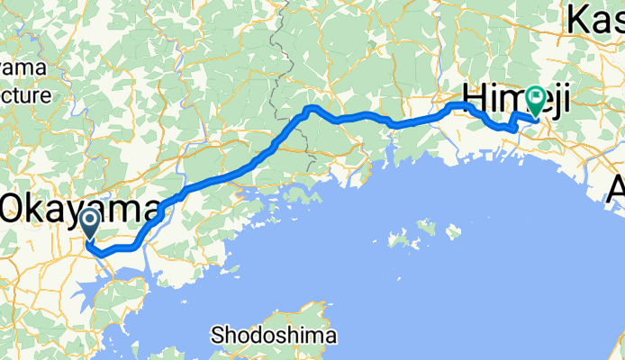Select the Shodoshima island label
coord(274,337)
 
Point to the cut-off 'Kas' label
coord(596,20)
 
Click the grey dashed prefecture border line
coord(287,54)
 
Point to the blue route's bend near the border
coord(310,109)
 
